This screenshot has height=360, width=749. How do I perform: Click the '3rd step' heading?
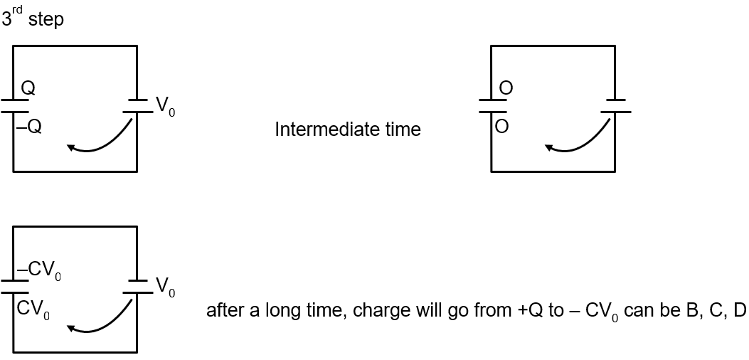click(x=33, y=18)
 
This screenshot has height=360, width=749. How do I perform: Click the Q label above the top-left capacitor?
click(x=28, y=88)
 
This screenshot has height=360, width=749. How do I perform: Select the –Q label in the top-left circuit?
click(x=28, y=129)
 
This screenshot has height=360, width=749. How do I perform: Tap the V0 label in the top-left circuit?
click(x=165, y=107)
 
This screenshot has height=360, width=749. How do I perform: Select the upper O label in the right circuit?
click(x=506, y=88)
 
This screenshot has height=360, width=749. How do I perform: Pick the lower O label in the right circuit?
click(x=502, y=127)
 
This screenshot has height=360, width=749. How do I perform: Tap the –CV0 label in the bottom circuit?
click(x=38, y=271)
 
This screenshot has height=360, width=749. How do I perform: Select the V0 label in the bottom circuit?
click(x=165, y=287)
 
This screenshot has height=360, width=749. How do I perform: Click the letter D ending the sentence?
click(x=740, y=311)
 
